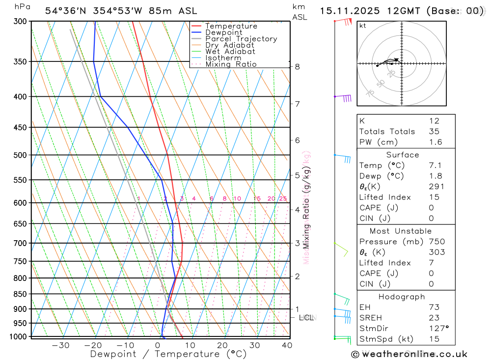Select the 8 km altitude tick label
point(298,66)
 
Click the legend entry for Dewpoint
point(223,32)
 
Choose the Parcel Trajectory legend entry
point(241,39)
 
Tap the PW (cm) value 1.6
point(436,142)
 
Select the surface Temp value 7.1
point(435,166)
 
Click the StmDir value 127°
point(438,329)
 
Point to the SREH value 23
point(434,318)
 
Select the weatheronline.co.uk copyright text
point(409,354)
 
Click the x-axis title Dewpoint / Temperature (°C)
point(168,354)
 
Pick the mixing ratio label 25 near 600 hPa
point(283,198)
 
